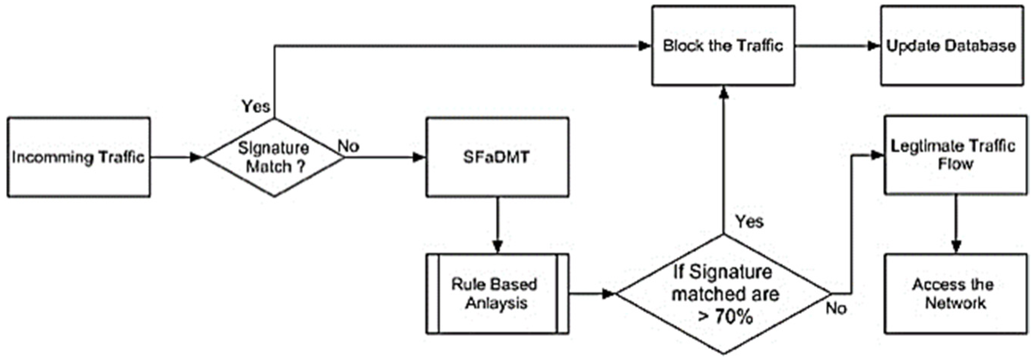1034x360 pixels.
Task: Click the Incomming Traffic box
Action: coord(78,157)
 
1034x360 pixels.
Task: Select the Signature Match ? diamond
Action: coord(274,157)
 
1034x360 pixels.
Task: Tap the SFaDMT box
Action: coord(497,157)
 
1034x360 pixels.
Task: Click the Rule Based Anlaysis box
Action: coord(497,293)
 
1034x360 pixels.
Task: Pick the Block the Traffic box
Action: coord(723,45)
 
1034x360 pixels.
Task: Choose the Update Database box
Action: coord(951,45)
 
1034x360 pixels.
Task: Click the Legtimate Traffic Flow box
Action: coord(955,155)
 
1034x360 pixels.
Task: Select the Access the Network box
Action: coord(955,293)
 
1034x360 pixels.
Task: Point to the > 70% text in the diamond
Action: coord(725,317)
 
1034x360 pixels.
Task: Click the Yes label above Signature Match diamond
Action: coord(256,106)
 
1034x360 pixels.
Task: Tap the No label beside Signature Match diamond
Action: coord(348,146)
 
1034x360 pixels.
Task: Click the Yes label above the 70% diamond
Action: coord(749,222)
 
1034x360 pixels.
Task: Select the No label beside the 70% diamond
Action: coord(836,309)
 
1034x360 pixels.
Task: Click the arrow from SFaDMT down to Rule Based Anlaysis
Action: coord(497,225)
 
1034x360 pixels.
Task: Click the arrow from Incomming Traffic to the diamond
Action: coord(177,157)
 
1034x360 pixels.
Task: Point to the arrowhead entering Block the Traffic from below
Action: coord(723,93)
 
